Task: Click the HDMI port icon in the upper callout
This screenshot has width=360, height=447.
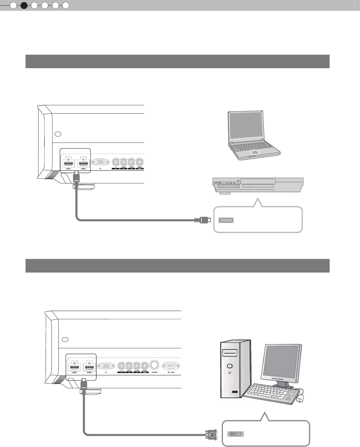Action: tap(226, 220)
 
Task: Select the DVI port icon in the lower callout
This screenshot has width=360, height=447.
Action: tap(236, 434)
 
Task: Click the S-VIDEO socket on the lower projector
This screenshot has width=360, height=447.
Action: tap(154, 365)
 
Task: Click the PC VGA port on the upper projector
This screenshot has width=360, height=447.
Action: tap(100, 163)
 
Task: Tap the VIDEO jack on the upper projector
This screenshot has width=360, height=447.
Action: tap(139, 162)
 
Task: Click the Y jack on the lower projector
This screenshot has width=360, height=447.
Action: tap(121, 365)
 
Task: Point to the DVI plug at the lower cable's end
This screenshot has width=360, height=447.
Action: tap(211, 434)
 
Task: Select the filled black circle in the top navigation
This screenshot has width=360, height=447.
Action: tap(24, 5)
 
